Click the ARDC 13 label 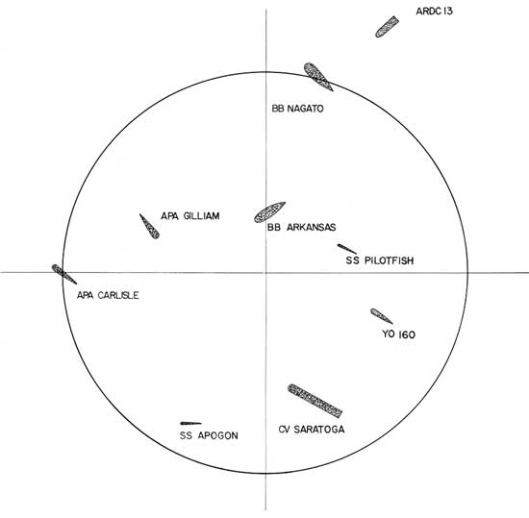pos(434,12)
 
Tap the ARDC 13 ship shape pos(387,27)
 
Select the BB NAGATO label pos(297,109)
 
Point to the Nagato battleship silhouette pos(317,76)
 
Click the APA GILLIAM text pos(190,215)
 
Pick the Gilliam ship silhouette pos(149,227)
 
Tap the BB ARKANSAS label pos(301,227)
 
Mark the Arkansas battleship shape pos(269,212)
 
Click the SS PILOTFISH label pos(380,260)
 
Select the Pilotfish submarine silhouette pos(347,249)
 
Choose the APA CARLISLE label pos(108,295)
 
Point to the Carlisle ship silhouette pos(64,274)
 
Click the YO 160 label pos(398,334)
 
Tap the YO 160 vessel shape pos(381,316)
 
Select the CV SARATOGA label pos(312,430)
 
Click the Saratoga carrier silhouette pos(315,401)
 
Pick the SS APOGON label pos(209,435)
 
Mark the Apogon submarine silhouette pos(190,423)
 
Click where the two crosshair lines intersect pos(265,272)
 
